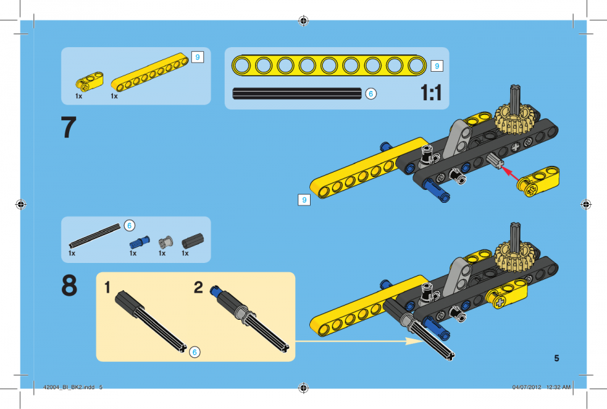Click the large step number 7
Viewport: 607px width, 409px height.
click(68, 127)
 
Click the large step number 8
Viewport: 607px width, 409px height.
click(69, 286)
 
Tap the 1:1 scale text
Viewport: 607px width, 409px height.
click(431, 93)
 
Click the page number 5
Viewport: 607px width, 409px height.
click(557, 358)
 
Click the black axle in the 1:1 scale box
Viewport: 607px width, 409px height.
click(297, 94)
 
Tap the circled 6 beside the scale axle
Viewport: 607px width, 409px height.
click(371, 94)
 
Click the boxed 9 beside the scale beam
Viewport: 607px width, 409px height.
click(437, 66)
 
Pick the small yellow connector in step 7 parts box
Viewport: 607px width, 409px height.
click(89, 81)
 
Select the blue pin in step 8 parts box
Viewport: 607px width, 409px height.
click(139, 242)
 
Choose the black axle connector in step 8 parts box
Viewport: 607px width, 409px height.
click(193, 241)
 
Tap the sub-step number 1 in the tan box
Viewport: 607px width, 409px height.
click(107, 288)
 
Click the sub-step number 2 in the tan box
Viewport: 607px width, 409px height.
click(198, 288)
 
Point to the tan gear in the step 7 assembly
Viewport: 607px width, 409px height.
click(515, 119)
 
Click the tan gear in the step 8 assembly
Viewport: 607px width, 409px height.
click(515, 256)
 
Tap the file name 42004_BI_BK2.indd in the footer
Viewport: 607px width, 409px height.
click(69, 387)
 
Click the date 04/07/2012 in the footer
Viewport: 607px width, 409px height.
click(527, 387)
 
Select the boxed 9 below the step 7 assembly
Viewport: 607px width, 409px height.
click(304, 200)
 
